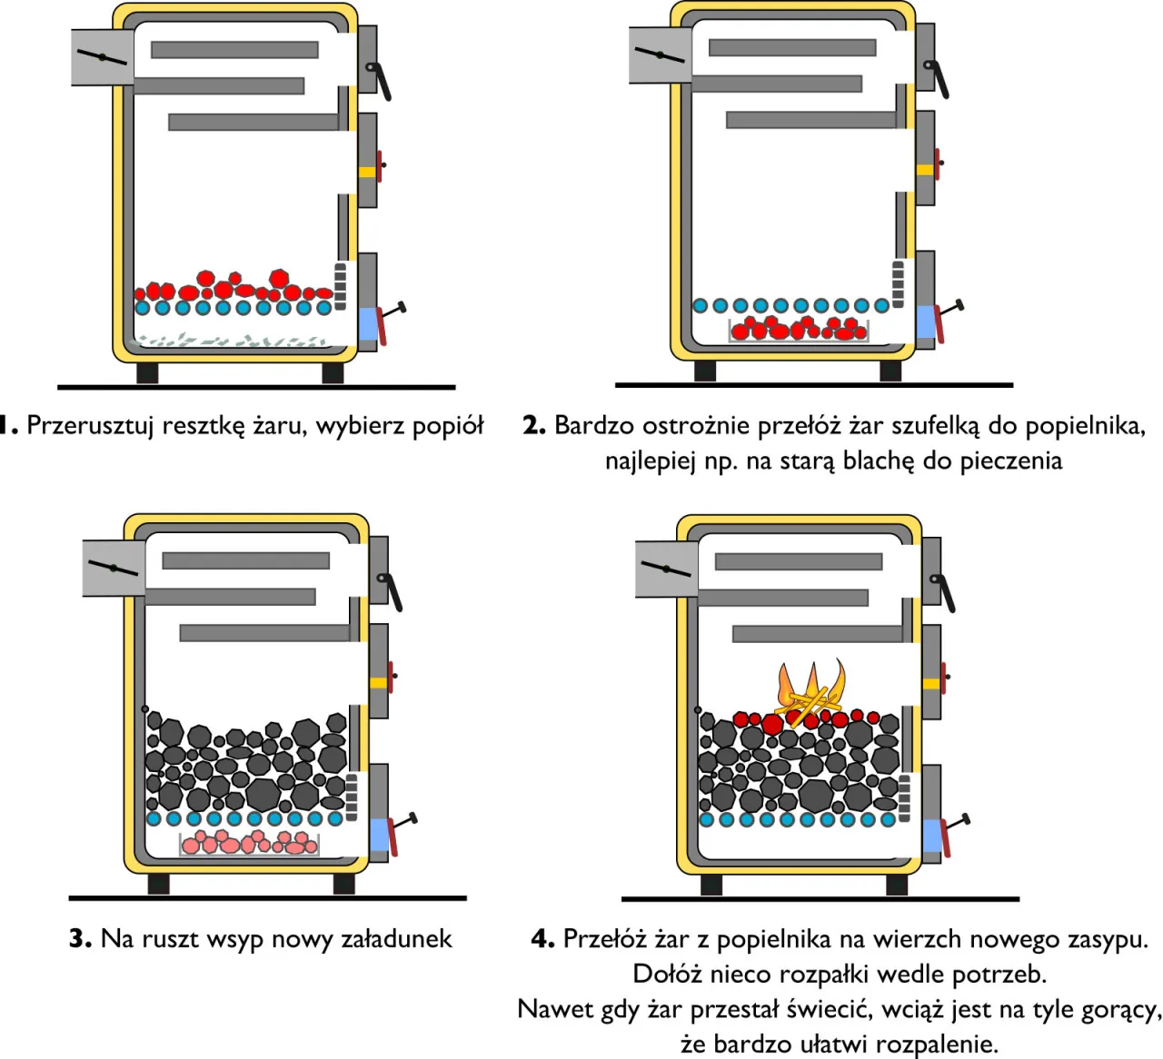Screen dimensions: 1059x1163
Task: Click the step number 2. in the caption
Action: (533, 425)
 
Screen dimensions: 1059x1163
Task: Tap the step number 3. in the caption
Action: (80, 938)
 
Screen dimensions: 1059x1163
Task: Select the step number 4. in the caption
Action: (542, 938)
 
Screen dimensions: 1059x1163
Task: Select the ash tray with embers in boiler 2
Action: (799, 330)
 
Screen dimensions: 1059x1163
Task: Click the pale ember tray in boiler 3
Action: (250, 844)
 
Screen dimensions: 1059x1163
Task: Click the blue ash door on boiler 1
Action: (368, 324)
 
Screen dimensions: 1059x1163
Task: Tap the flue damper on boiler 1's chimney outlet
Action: (102, 57)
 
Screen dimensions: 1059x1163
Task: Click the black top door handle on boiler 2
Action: (936, 78)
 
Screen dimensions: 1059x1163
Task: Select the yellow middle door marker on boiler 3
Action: (378, 682)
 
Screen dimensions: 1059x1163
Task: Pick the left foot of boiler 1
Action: (147, 372)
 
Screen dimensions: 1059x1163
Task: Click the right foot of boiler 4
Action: (897, 885)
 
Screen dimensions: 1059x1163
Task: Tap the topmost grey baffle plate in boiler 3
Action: (245, 561)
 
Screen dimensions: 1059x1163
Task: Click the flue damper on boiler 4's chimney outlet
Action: (665, 569)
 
